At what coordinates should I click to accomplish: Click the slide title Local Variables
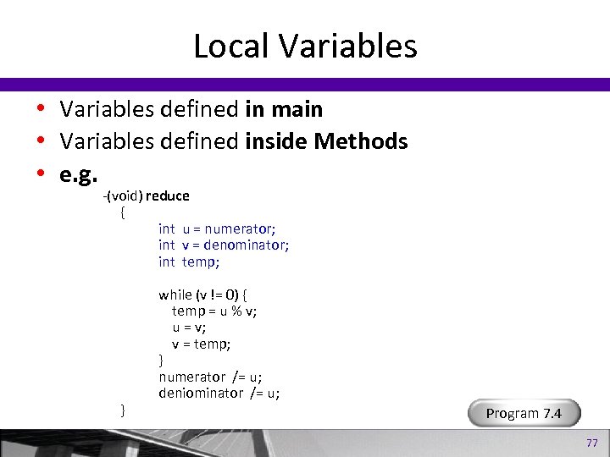coord(305,46)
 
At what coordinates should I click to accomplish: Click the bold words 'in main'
coord(283,109)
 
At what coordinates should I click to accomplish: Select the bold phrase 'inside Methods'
coord(326,141)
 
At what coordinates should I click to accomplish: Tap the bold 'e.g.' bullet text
coord(78,174)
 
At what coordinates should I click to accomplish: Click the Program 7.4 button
coord(524,413)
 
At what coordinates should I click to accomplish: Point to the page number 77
coord(591,443)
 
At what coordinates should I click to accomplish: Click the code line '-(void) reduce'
coord(147,195)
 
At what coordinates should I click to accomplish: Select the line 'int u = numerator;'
coord(217,228)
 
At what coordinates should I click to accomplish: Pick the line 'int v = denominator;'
coord(224,245)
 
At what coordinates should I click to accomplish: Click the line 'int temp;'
coord(189,262)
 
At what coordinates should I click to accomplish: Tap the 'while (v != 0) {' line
coord(202,295)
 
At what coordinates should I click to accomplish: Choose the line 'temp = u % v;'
coord(214,311)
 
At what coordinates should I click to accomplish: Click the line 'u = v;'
coord(189,328)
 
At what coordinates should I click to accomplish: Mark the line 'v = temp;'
coord(202,344)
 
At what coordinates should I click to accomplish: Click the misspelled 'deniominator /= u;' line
coord(219,393)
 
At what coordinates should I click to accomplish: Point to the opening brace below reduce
coord(123,212)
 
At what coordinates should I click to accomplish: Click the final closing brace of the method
coord(123,410)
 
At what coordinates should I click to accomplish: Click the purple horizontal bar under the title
coord(305,85)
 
